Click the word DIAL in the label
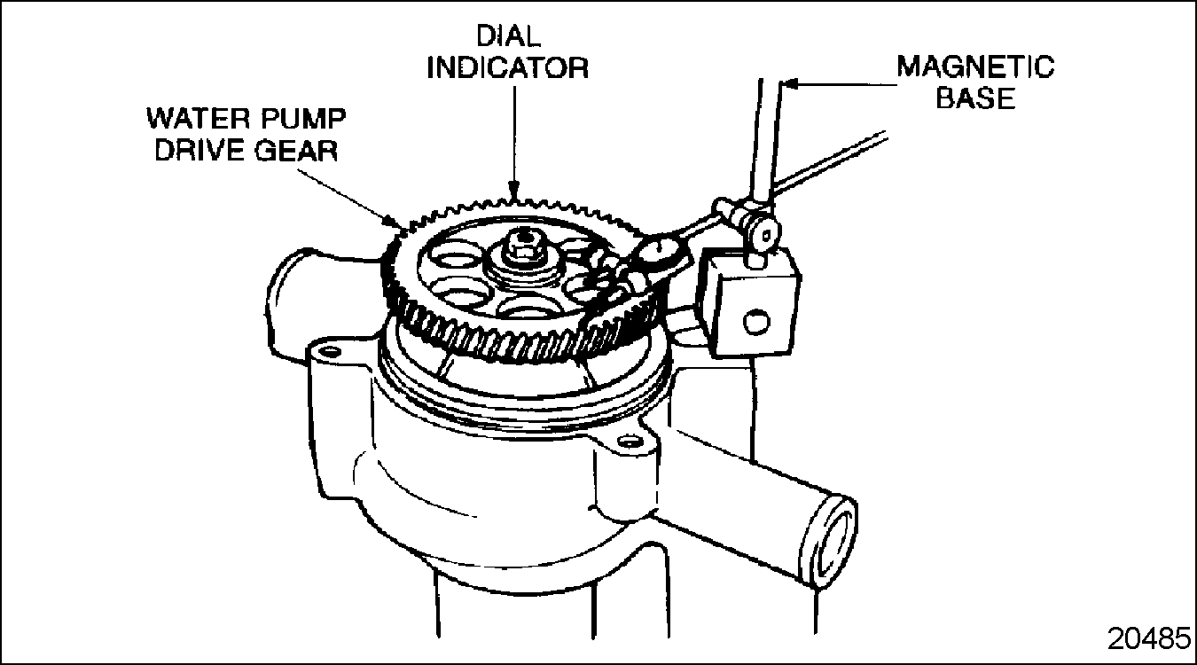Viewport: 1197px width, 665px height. [508, 36]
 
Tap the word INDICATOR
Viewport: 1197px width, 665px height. [508, 68]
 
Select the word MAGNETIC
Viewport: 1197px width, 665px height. [975, 66]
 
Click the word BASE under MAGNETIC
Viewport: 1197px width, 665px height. [975, 98]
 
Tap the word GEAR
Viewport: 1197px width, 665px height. [295, 150]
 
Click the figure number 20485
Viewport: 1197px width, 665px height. [1149, 638]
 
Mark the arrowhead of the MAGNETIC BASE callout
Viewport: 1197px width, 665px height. [789, 84]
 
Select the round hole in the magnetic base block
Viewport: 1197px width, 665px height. [756, 322]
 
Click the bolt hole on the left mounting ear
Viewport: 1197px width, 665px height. [328, 352]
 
